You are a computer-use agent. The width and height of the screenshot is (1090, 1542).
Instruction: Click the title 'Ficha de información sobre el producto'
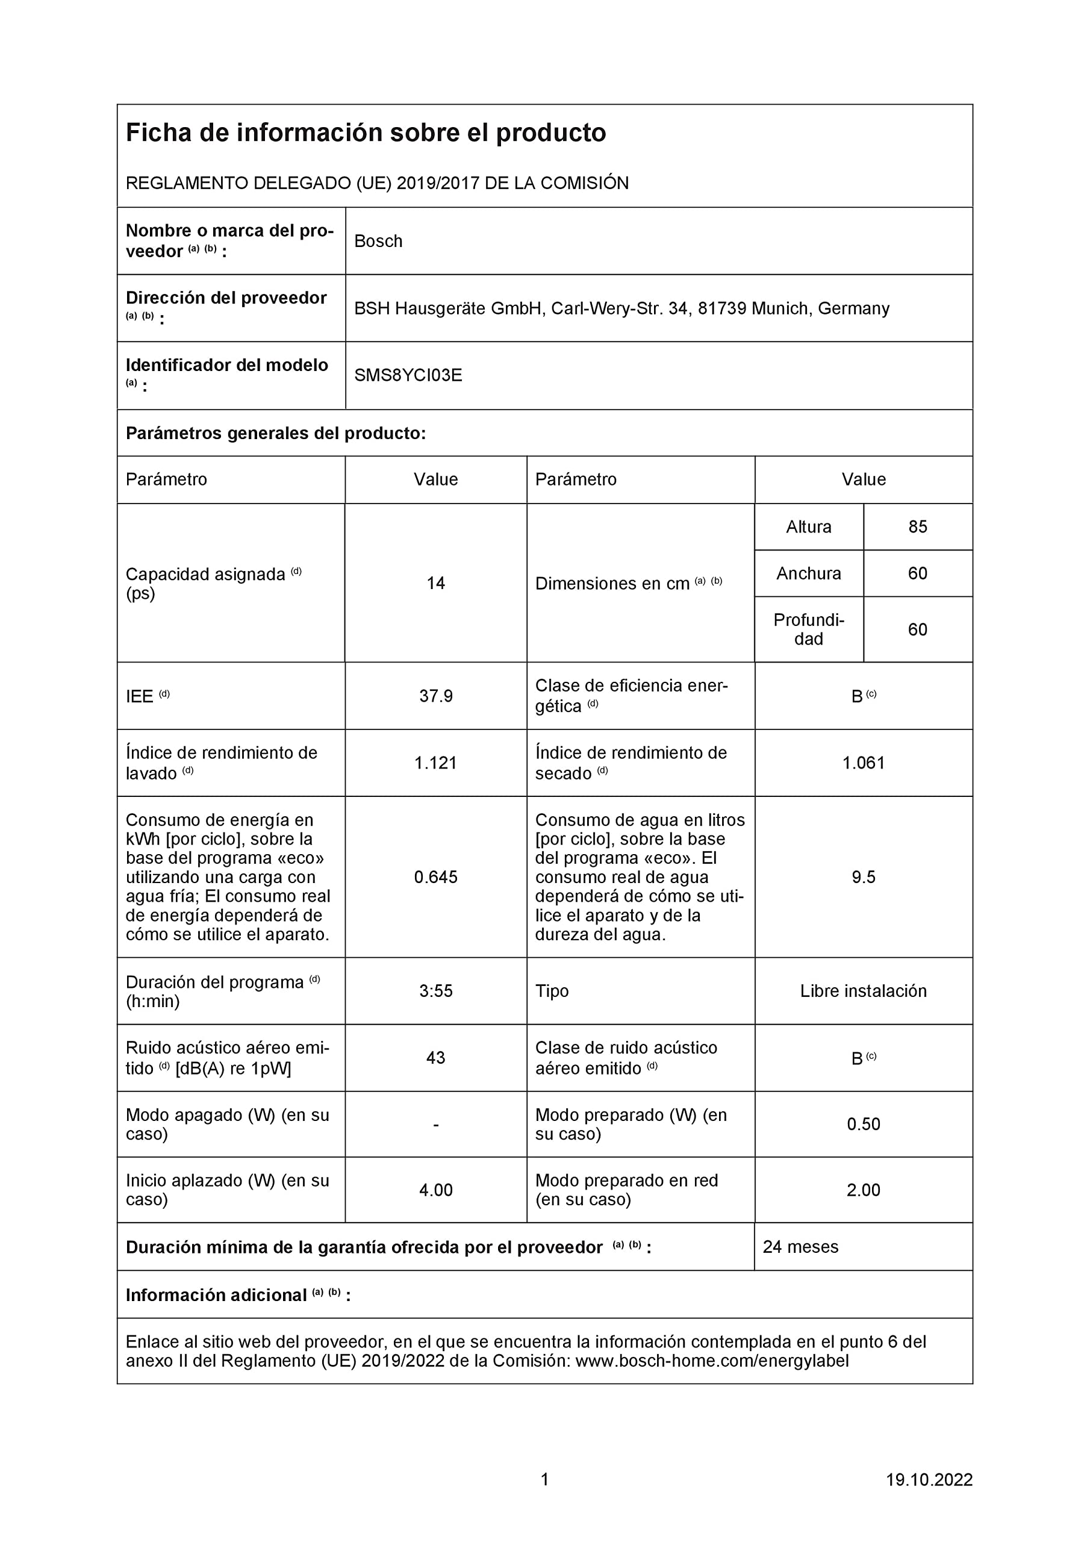(366, 133)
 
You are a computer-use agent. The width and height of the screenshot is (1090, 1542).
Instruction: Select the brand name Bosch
(378, 241)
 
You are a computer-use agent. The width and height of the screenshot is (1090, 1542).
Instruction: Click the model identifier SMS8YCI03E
(408, 375)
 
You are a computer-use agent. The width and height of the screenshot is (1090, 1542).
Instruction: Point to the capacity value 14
(436, 583)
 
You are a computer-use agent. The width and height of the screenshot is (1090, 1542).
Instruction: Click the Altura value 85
(917, 526)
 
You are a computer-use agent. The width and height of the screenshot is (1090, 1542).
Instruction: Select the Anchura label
(809, 573)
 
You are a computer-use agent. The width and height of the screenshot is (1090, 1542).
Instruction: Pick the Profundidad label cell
(809, 629)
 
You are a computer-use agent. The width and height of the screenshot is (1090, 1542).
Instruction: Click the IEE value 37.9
(436, 696)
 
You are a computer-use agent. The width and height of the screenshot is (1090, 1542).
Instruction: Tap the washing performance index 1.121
(436, 763)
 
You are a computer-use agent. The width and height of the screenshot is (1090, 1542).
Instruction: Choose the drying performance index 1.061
(864, 763)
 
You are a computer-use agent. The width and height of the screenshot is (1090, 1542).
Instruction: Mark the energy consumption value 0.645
(436, 877)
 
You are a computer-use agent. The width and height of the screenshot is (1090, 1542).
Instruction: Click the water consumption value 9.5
(864, 877)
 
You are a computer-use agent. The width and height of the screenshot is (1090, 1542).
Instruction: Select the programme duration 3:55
(436, 991)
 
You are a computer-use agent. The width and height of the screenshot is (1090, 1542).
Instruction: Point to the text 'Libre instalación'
(864, 991)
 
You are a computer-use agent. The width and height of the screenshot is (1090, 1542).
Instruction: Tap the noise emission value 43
(436, 1058)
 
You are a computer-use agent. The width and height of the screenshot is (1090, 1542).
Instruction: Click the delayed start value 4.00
(436, 1190)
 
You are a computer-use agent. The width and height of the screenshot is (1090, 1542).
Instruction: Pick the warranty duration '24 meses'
(800, 1247)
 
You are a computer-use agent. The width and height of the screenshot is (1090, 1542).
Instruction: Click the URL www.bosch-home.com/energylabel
(712, 1361)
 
